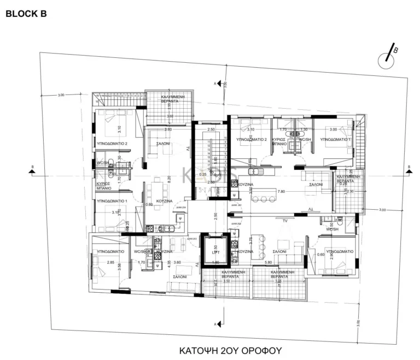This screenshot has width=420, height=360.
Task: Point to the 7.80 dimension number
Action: tap(281, 192)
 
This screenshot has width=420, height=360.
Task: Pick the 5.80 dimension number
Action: tap(269, 262)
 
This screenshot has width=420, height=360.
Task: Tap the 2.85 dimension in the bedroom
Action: tap(110, 262)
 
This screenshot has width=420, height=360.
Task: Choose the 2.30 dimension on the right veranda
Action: tap(351, 192)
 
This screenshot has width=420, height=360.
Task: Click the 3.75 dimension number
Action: tap(251, 238)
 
